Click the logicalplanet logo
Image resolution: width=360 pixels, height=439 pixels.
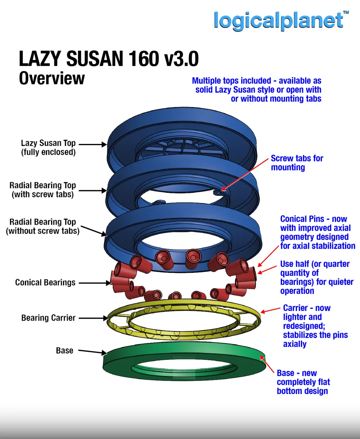click(279, 21)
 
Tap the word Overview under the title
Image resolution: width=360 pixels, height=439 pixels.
click(51, 78)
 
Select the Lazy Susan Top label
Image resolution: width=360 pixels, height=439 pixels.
click(48, 148)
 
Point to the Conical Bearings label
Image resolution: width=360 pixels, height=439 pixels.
click(45, 282)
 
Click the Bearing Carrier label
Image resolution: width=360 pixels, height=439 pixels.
click(48, 318)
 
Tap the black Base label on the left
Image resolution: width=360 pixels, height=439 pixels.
click(64, 350)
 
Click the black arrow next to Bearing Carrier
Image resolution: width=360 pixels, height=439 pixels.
click(93, 318)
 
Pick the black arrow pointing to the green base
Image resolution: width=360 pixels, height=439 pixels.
click(93, 352)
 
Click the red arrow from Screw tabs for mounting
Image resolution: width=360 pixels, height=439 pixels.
click(245, 175)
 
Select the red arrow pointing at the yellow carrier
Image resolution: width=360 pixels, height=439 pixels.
click(270, 310)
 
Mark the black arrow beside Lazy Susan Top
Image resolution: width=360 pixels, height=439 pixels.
click(93, 144)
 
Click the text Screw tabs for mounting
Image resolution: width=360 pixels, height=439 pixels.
click(297, 163)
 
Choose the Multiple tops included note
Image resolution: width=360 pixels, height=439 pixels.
click(257, 90)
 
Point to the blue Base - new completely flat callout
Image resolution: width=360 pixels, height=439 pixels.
click(303, 382)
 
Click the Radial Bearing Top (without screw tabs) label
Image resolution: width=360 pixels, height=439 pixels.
click(43, 226)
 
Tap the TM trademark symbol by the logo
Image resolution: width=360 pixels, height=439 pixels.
click(346, 12)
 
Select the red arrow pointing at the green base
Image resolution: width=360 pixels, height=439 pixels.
click(267, 364)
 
